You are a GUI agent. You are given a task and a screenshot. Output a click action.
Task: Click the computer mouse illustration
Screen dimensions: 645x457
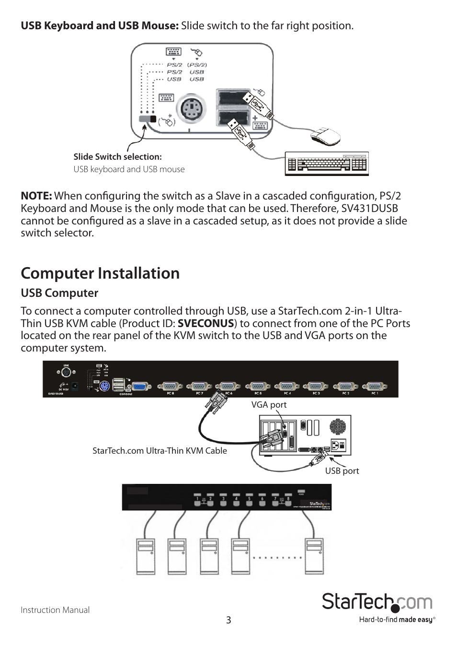325,136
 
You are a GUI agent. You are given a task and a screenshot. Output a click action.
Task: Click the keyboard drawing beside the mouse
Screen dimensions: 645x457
327,164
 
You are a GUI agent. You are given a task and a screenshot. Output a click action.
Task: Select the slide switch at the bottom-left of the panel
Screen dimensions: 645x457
147,119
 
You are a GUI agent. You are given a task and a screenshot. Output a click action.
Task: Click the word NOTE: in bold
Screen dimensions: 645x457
36,196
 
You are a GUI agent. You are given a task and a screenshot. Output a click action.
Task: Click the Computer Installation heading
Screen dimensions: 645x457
100,273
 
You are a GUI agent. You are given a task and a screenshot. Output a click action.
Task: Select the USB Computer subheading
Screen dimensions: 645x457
59,293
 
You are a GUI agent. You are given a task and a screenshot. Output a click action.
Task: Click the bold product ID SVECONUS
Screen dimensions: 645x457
206,324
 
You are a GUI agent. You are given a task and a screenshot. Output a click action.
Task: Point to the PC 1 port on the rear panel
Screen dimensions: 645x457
374,387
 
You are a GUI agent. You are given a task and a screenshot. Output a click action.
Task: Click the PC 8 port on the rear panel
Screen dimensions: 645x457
170,387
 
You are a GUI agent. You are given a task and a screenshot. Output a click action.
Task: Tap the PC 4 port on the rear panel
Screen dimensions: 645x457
286,387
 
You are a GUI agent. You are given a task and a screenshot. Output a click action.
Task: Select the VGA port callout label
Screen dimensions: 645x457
269,405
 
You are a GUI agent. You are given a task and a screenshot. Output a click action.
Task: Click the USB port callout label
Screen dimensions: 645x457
342,471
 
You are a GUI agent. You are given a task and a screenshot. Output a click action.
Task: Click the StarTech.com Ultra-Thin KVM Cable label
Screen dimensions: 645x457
160,451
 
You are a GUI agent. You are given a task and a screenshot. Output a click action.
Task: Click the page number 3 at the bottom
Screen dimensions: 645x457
228,620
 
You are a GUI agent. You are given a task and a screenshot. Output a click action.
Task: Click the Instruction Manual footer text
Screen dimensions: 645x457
55,610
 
